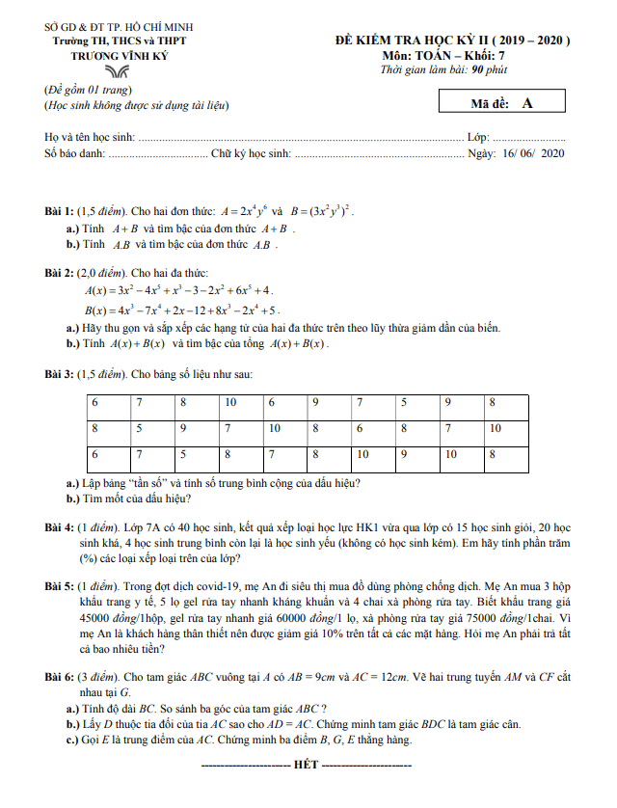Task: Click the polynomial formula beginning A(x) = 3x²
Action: click(x=179, y=289)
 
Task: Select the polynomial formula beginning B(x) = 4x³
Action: click(x=183, y=310)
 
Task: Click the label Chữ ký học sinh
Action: click(x=251, y=153)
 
